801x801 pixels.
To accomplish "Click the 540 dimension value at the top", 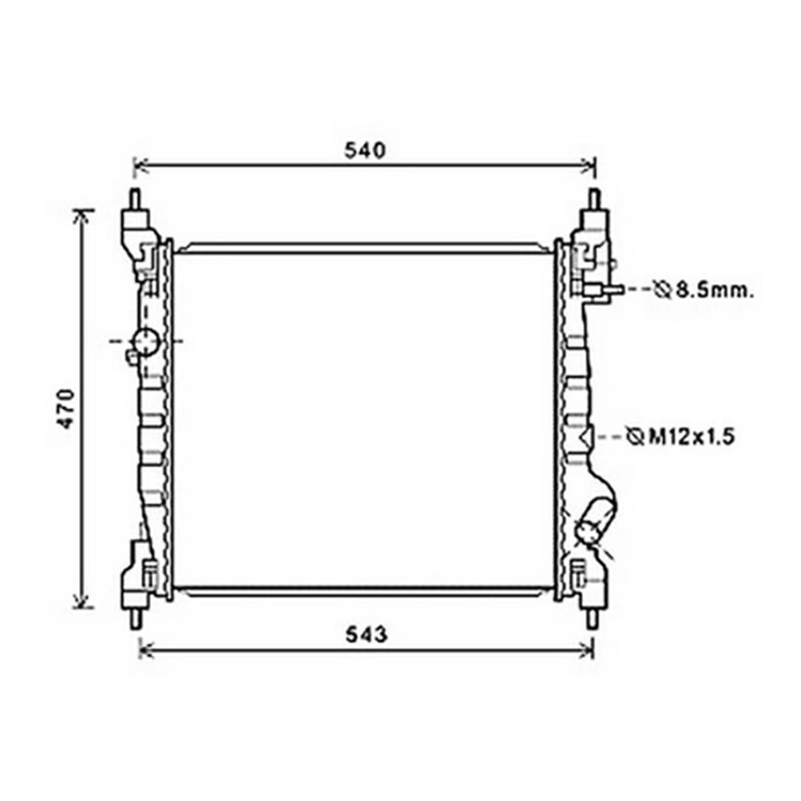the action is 365,150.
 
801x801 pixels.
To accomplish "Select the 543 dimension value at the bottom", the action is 366,635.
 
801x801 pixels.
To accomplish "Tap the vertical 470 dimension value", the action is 66,409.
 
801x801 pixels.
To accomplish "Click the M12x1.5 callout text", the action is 691,437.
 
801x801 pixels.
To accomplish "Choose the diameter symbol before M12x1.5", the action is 635,437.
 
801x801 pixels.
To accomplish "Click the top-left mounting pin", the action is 135,199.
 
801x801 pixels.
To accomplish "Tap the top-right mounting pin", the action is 594,199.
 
